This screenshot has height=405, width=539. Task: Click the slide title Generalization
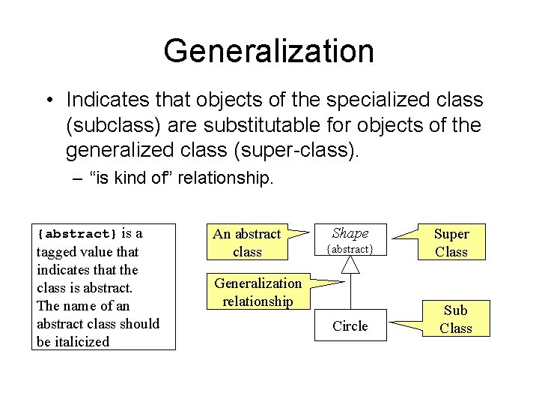269,51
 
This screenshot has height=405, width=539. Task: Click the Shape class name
350,233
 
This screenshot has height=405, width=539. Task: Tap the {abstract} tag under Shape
350,248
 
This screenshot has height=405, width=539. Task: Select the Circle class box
350,325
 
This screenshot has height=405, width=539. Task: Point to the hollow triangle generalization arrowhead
350,263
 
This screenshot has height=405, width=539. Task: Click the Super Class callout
451,242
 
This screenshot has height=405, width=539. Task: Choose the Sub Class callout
455,319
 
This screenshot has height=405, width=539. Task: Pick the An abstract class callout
247,242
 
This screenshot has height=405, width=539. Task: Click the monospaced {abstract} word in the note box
77,234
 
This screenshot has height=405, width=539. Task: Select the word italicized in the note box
79,341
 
